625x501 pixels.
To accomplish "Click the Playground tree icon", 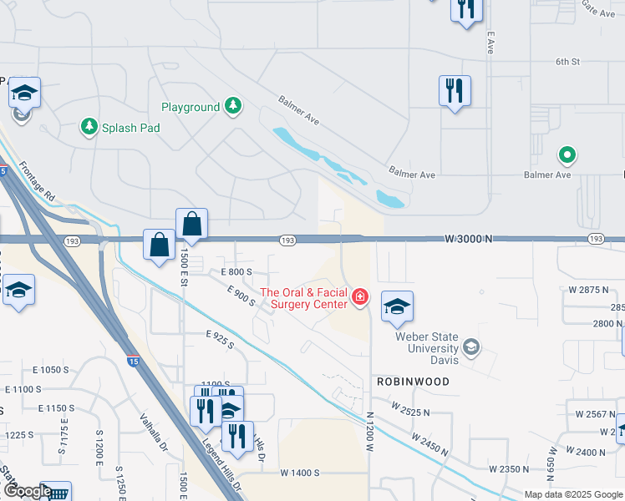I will click(x=235, y=106).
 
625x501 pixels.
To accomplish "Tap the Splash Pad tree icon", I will click(x=88, y=127).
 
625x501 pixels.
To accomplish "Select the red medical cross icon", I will click(x=359, y=296).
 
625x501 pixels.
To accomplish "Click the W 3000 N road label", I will click(x=468, y=239).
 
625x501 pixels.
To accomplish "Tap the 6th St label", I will click(x=567, y=62).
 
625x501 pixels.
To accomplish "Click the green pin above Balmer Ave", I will click(x=567, y=154).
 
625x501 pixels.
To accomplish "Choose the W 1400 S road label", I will click(x=300, y=473).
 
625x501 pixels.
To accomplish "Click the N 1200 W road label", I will click(x=369, y=431).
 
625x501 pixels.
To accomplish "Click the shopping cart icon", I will click(x=57, y=493).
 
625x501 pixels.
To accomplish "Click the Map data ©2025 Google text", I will click(x=573, y=494).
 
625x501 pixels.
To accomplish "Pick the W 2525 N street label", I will click(x=409, y=407).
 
